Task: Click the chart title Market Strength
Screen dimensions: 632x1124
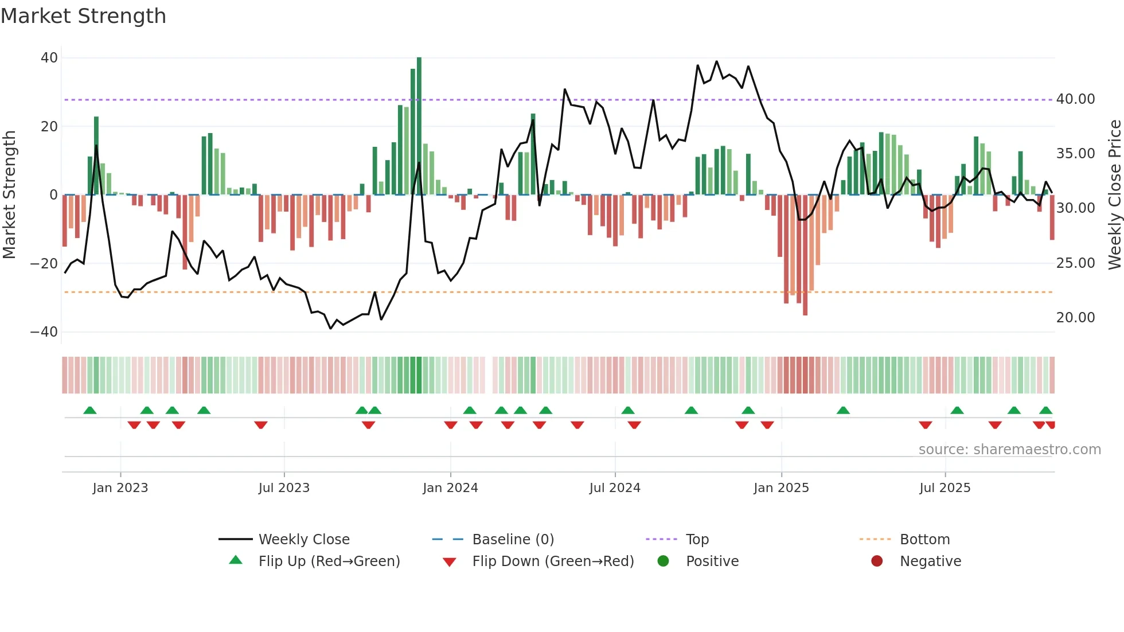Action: tap(83, 16)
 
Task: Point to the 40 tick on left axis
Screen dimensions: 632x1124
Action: tap(49, 58)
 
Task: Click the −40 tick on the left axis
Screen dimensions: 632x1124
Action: tap(44, 332)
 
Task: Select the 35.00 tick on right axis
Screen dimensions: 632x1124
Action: tap(1075, 154)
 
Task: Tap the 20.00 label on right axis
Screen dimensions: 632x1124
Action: tap(1075, 318)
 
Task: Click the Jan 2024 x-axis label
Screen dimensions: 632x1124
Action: tap(450, 488)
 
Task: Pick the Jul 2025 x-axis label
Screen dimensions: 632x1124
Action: tap(945, 488)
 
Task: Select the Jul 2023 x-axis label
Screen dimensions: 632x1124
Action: tap(284, 488)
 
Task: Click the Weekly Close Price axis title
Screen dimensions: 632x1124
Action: tap(1114, 195)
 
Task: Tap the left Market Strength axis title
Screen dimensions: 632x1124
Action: tap(9, 195)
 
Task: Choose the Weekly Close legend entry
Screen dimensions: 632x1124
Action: tap(303, 540)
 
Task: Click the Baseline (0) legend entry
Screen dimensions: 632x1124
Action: tap(513, 540)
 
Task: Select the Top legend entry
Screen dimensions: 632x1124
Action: tap(697, 540)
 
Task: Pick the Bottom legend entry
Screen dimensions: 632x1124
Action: tap(924, 540)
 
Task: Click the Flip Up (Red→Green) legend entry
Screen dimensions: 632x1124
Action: tap(329, 561)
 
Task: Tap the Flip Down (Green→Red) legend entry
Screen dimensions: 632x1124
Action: tap(553, 561)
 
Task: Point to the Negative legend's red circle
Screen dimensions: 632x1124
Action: tap(877, 561)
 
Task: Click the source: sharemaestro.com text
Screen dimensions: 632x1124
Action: tap(1009, 450)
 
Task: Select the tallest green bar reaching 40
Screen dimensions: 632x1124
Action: tap(419, 126)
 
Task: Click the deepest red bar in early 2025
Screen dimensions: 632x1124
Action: tap(805, 255)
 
